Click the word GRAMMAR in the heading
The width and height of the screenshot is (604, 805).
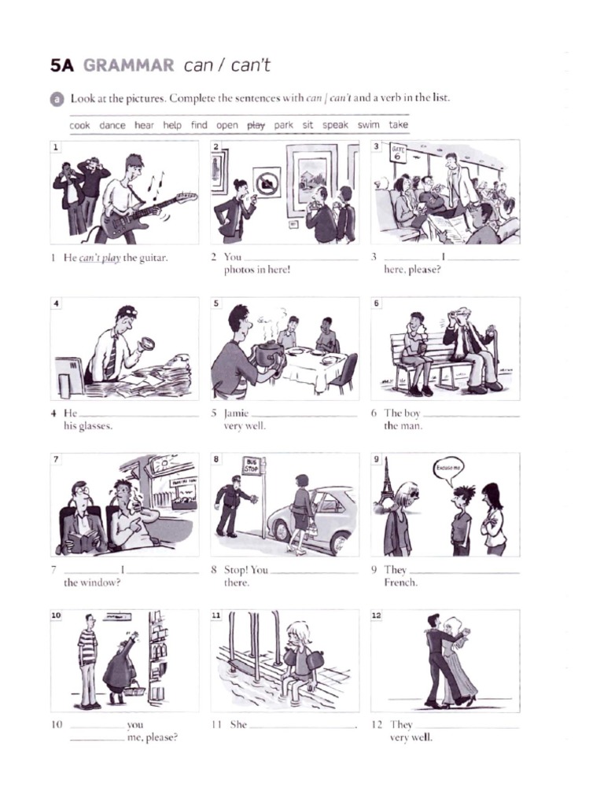click(x=128, y=66)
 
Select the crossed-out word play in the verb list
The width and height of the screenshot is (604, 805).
click(x=256, y=125)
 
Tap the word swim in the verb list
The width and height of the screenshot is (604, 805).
click(x=368, y=125)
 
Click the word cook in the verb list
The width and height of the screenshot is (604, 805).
click(x=79, y=125)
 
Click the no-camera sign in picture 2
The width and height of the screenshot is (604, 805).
click(x=267, y=182)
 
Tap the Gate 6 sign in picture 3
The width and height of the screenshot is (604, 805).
click(x=398, y=153)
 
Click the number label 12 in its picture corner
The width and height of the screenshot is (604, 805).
click(x=377, y=616)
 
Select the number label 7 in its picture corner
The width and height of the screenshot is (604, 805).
click(x=56, y=459)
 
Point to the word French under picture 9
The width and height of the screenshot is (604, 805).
click(x=400, y=583)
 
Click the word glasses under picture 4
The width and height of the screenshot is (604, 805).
click(x=95, y=426)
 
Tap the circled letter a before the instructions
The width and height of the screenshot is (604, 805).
click(x=57, y=98)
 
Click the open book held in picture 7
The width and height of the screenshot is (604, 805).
click(x=83, y=542)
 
